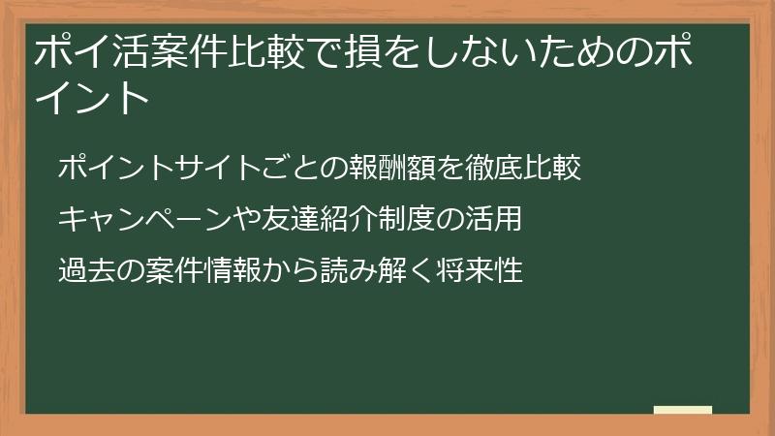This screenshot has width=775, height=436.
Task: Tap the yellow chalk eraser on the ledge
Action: pos(683,411)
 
